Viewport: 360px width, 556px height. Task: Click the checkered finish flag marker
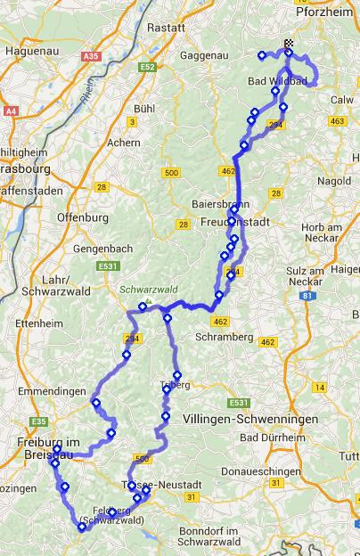(x=289, y=44)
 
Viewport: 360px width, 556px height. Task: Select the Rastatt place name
(x=167, y=28)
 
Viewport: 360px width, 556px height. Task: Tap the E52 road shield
(x=147, y=67)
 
